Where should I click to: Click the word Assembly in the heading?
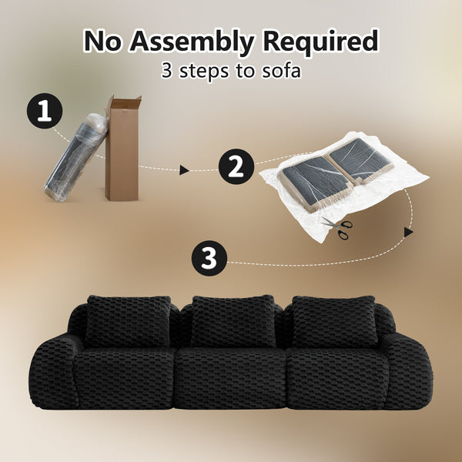(x=192, y=42)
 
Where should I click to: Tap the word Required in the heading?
(x=320, y=41)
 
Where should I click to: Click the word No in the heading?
(x=102, y=42)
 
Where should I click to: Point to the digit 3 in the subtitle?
(x=167, y=71)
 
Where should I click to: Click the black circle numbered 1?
(x=45, y=111)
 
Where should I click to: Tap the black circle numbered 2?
(x=236, y=167)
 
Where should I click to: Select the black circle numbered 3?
(x=209, y=259)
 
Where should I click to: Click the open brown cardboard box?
(x=122, y=148)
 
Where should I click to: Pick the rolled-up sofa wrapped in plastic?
(x=76, y=158)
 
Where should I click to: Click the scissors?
(x=338, y=227)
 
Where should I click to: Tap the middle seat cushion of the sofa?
(x=230, y=378)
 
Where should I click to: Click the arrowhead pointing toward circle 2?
(x=184, y=170)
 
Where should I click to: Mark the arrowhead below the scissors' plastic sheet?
(x=408, y=232)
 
